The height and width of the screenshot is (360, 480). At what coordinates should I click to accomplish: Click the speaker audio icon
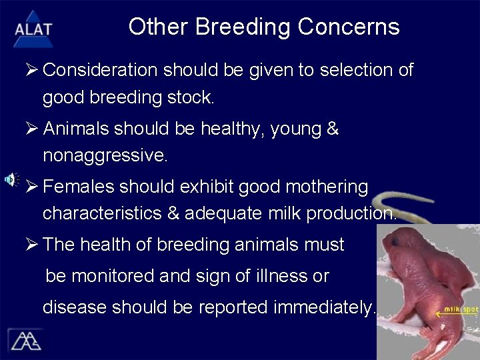11,179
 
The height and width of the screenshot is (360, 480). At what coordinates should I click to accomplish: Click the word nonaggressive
105,156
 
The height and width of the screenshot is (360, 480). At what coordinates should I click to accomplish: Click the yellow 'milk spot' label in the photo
461,310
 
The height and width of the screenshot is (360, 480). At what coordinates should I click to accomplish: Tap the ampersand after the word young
333,129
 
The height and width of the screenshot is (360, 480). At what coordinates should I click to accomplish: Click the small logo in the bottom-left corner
25,339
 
